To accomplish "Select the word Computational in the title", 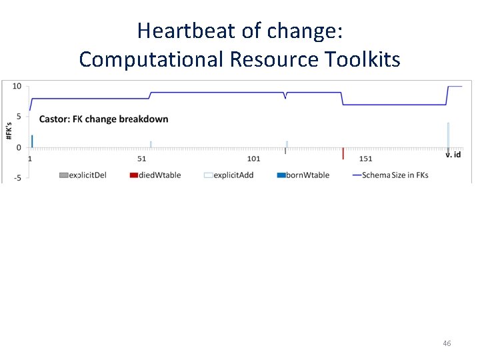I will coord(151,59).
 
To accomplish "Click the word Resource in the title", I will coord(273,59).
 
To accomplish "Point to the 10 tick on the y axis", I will coord(17,87).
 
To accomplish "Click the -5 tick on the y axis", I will coord(17,177).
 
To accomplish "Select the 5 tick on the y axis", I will coord(19,117).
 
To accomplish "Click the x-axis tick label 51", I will coord(141,159).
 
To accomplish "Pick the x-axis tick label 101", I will coord(253,159).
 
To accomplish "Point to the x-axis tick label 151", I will coord(365,159).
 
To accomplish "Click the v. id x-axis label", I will coord(453,155).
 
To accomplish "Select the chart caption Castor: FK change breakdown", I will coord(104,119).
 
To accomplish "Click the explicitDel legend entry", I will coord(83,175).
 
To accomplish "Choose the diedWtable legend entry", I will coord(156,175).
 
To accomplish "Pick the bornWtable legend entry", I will coord(303,175).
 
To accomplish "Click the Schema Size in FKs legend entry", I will coord(390,175).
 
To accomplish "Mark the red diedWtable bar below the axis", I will coord(343,153).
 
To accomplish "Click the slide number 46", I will coord(447,343).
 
